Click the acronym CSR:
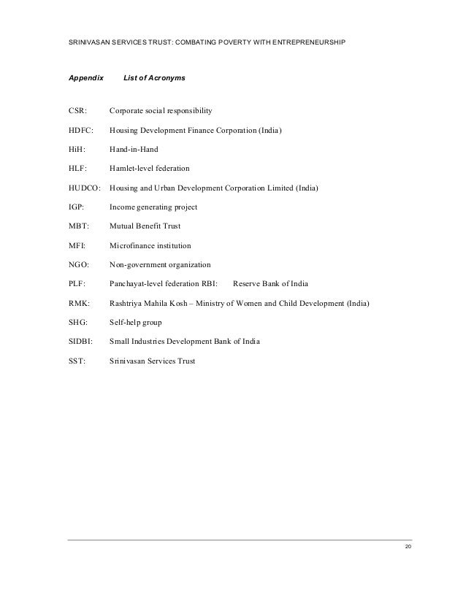click(x=77, y=111)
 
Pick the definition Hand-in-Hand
click(x=134, y=149)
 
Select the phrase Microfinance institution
click(x=155, y=245)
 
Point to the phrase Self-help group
click(x=136, y=322)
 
